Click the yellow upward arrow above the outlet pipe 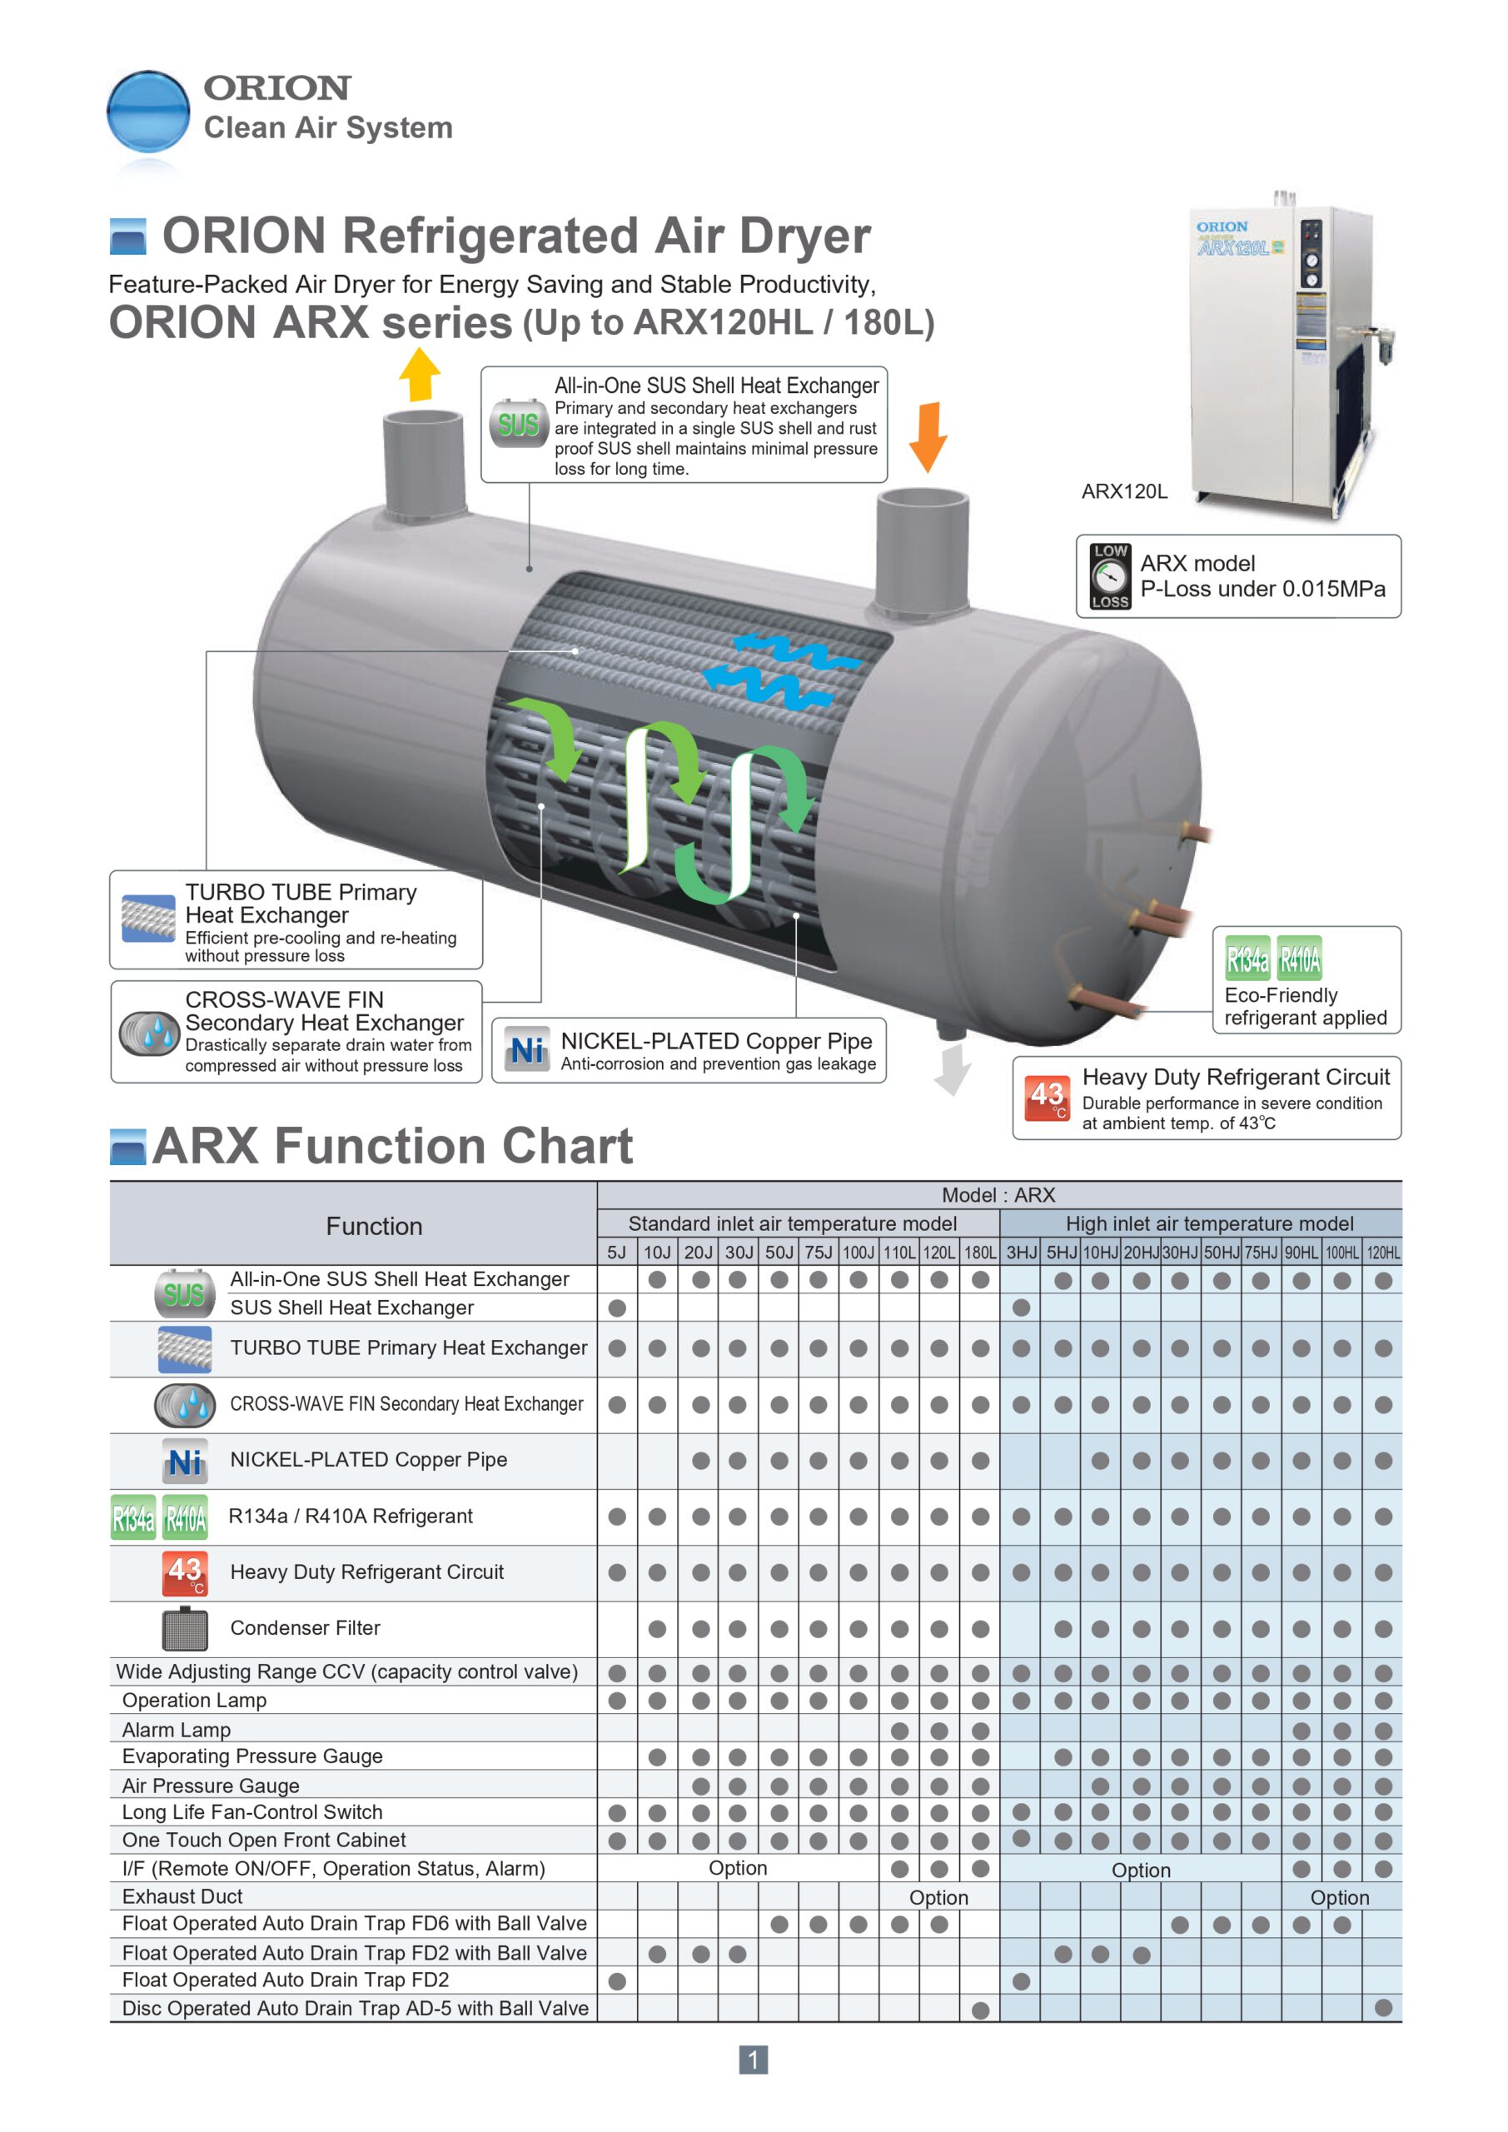(420, 374)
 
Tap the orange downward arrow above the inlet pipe (928, 436)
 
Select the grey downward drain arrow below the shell (953, 1068)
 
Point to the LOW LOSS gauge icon (1111, 575)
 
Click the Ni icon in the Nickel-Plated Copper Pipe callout (526, 1050)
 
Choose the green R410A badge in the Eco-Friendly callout (1299, 959)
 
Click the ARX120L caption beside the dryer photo (1123, 491)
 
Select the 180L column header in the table (979, 1253)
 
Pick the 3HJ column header (1022, 1253)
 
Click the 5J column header (616, 1253)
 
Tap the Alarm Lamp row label (177, 1730)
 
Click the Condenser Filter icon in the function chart (185, 1628)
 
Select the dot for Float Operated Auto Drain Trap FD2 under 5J (616, 1981)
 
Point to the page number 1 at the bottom (753, 2060)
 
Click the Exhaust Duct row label (182, 1896)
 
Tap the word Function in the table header (374, 1226)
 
